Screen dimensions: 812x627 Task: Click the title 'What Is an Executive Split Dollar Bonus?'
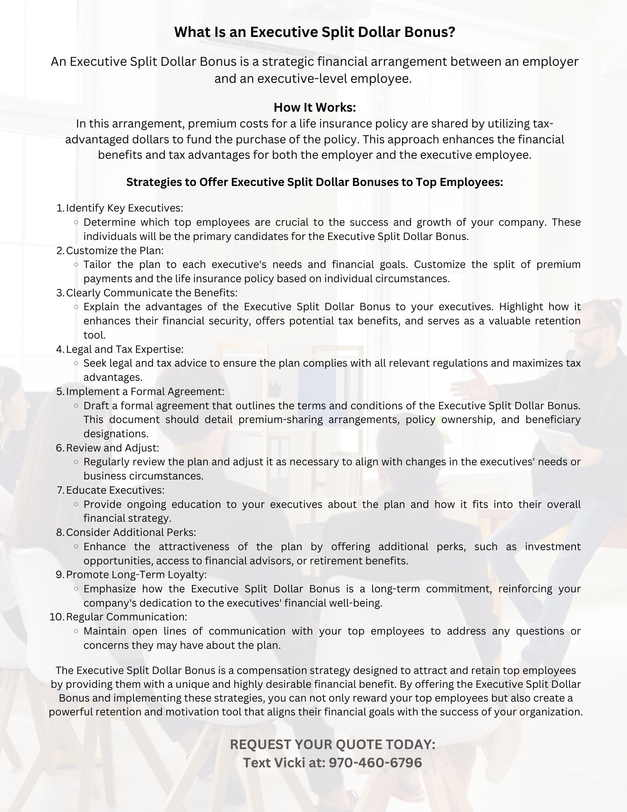(315, 32)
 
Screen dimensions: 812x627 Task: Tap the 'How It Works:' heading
(315, 107)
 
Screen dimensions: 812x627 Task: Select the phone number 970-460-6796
(375, 762)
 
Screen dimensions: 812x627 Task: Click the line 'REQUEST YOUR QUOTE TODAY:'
(332, 744)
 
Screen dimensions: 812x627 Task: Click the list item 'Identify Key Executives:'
(125, 208)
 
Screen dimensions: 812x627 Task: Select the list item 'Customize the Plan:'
(115, 250)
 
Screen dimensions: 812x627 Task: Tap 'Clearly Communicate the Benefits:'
(152, 293)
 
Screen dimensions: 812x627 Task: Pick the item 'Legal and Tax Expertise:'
(125, 349)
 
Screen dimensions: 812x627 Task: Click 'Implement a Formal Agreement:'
(145, 391)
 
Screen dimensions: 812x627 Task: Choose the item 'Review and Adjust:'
(112, 448)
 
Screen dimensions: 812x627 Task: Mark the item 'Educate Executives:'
(115, 490)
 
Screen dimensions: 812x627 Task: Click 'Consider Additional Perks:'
(131, 532)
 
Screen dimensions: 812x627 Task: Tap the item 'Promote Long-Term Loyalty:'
(136, 574)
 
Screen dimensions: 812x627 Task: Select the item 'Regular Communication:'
(127, 617)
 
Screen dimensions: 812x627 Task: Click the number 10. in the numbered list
(56, 617)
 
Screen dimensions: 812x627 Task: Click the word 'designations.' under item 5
(116, 434)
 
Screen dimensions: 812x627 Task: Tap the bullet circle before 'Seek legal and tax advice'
(76, 363)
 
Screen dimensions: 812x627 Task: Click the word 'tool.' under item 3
(95, 335)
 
